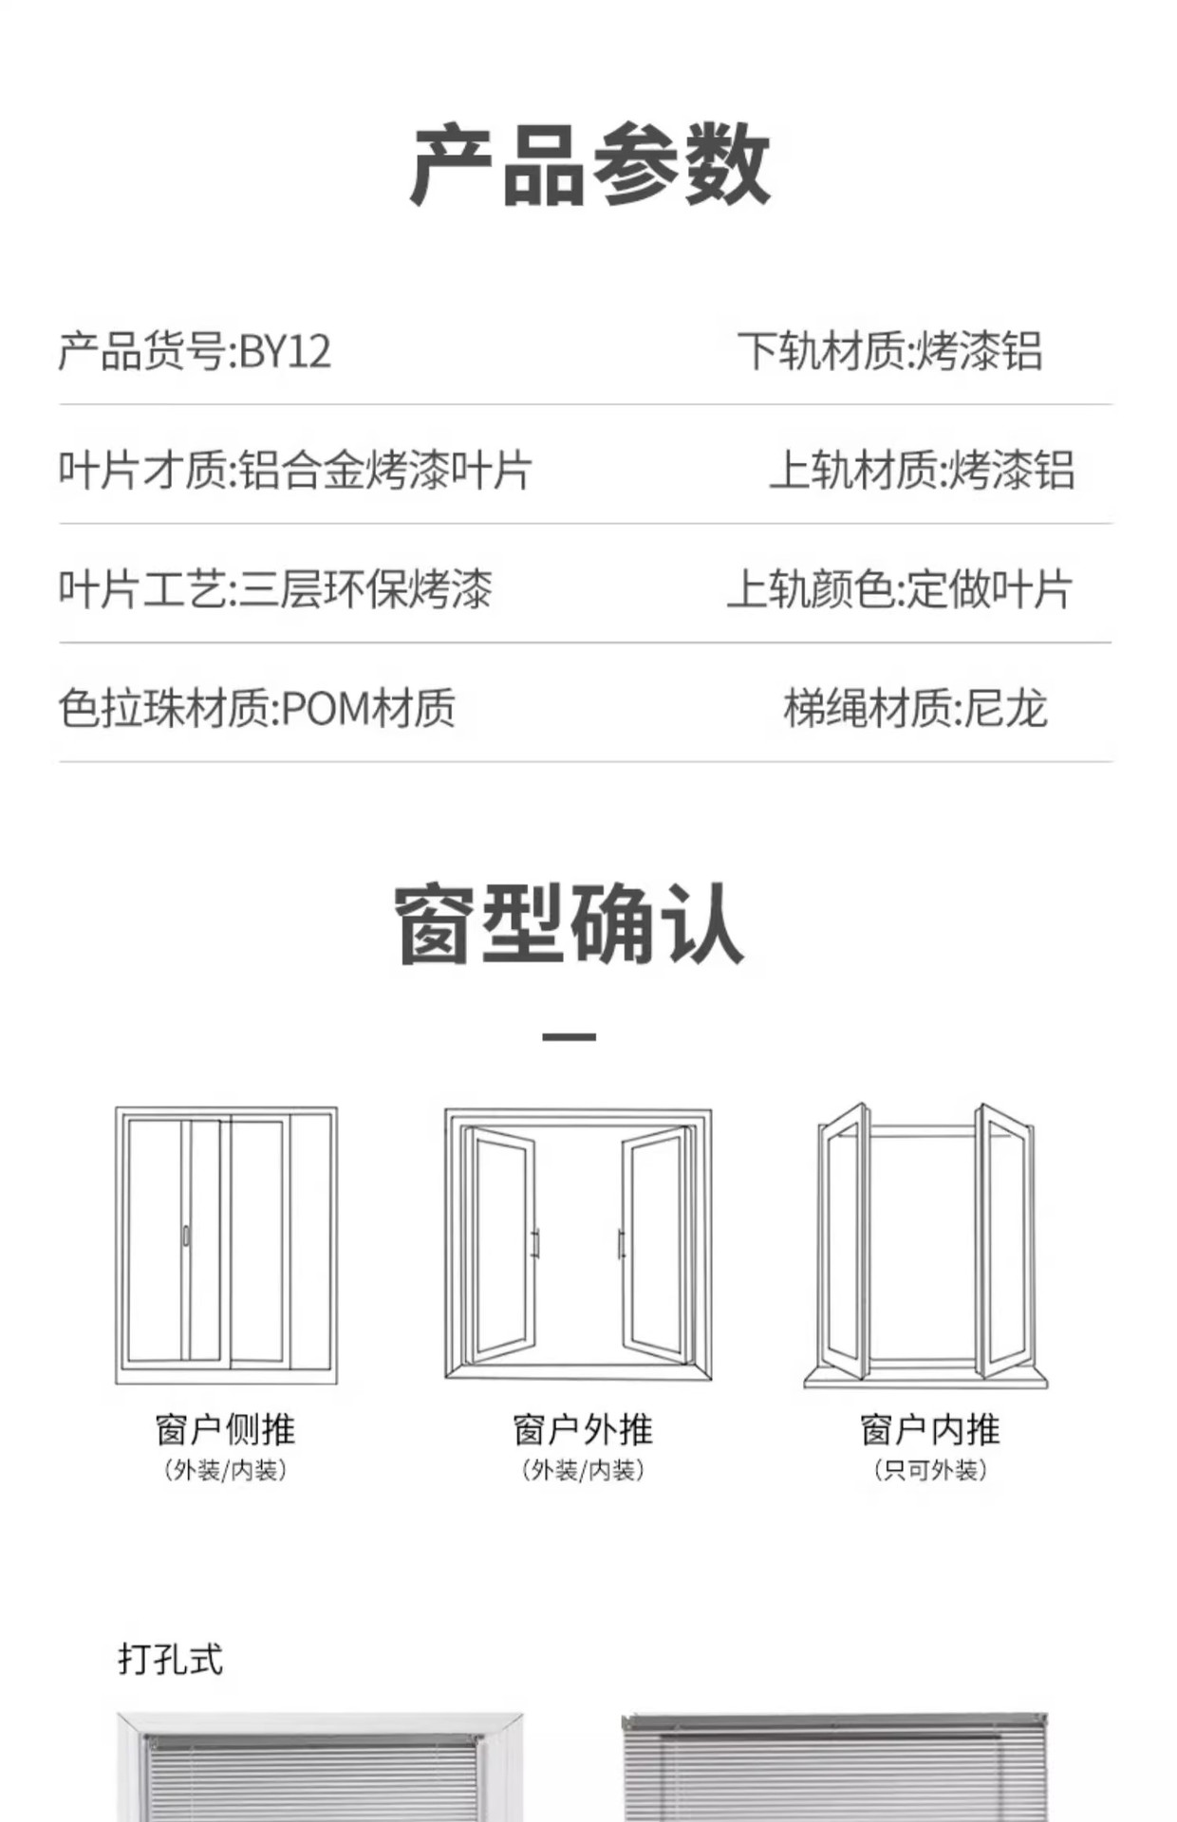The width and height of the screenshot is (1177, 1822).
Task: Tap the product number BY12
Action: point(285,352)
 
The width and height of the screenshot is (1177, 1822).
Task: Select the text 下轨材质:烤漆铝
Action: point(889,352)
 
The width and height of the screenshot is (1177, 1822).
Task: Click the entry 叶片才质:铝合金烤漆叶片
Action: point(294,471)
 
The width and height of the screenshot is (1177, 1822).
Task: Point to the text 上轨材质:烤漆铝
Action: point(921,471)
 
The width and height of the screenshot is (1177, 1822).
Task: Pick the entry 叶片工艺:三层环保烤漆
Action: point(275,589)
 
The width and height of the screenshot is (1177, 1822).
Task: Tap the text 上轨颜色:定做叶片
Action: point(899,589)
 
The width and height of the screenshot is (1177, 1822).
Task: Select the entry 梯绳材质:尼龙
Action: point(915,709)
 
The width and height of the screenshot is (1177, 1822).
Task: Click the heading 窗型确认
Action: point(570,924)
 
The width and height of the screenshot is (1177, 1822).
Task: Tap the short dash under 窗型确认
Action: point(569,1037)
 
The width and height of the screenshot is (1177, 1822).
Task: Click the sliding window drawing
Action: point(226,1245)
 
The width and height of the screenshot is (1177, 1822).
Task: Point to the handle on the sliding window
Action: point(186,1236)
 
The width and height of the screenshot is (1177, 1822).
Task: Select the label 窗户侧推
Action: point(226,1429)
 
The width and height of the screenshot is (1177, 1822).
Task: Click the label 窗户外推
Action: point(582,1429)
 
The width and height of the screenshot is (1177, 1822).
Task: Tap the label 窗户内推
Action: point(929,1429)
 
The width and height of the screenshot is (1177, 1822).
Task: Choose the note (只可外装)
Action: point(929,1470)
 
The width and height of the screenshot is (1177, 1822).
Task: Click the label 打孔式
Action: point(171,1660)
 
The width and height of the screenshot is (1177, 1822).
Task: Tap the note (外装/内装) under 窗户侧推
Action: point(226,1470)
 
